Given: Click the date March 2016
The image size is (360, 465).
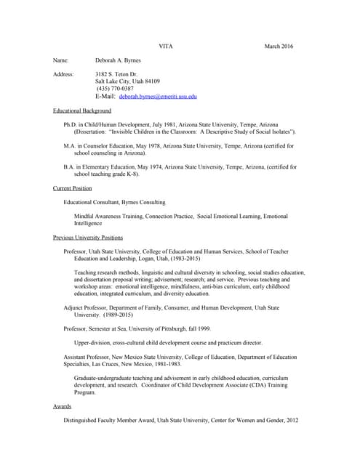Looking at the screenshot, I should [x=279, y=46].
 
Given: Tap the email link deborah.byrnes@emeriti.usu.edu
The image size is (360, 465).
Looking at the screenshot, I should [x=158, y=96].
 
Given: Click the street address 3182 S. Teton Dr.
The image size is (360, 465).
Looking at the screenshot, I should [x=121, y=75].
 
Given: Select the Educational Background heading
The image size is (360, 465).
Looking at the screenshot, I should [x=82, y=110].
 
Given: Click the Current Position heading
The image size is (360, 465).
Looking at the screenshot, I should [x=73, y=188].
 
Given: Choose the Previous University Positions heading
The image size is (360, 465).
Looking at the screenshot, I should [x=88, y=238].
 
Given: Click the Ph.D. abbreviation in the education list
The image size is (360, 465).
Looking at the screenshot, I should [x=71, y=125].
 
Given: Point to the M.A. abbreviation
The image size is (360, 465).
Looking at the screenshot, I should [x=71, y=146].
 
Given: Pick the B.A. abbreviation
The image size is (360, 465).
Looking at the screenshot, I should [x=70, y=167].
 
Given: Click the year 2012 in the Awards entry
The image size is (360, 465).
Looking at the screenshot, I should [x=291, y=421].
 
